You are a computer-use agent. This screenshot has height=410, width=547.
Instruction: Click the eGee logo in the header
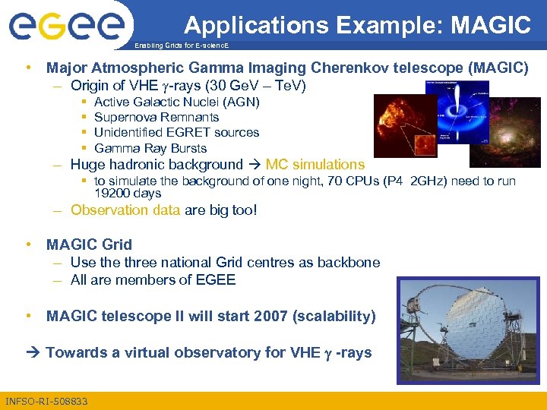(x=66, y=27)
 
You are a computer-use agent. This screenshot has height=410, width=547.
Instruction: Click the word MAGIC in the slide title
(x=491, y=25)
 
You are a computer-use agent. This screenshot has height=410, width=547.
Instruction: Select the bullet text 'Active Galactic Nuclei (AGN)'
(x=176, y=102)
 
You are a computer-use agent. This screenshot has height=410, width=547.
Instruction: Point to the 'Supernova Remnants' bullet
(x=156, y=117)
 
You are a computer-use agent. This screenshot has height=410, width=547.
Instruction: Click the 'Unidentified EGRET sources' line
(x=176, y=132)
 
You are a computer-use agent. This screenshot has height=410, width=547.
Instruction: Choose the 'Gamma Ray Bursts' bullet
(x=150, y=148)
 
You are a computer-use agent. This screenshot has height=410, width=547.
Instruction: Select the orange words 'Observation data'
(x=125, y=210)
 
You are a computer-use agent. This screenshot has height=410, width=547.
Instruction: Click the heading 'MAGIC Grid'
(x=89, y=244)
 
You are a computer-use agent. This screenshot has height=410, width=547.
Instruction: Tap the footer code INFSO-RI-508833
(x=46, y=401)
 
